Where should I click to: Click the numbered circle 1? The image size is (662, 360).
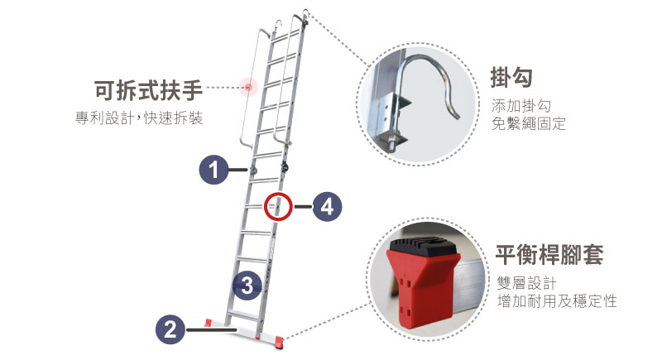(x=213, y=170)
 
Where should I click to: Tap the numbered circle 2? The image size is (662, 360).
(x=170, y=329)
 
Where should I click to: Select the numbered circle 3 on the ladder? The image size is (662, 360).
(x=247, y=286)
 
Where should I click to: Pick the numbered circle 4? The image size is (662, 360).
(x=327, y=207)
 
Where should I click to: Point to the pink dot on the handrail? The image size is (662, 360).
(x=248, y=88)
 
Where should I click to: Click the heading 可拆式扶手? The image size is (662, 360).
(x=148, y=90)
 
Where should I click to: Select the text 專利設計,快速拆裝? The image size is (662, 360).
(x=139, y=118)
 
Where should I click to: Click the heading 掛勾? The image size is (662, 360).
(x=511, y=78)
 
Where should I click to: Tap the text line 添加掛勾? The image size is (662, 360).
(x=521, y=105)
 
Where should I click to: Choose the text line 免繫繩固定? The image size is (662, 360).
(x=529, y=123)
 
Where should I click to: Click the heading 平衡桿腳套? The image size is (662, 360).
(x=549, y=255)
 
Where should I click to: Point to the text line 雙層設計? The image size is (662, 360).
(x=526, y=283)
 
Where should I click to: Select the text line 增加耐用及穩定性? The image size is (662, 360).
(x=557, y=301)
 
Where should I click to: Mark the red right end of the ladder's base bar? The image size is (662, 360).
(x=279, y=341)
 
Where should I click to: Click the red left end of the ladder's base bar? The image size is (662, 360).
(x=209, y=323)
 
